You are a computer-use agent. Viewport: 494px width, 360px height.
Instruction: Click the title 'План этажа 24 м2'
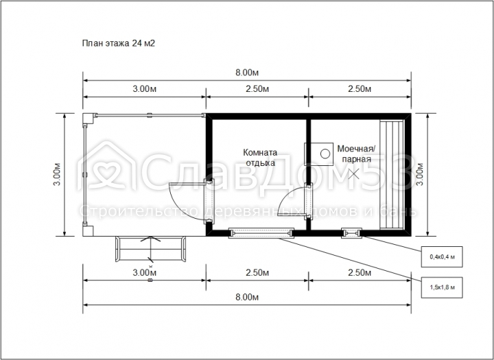pos(119,43)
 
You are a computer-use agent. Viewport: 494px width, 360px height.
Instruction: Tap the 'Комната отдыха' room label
pos(260,158)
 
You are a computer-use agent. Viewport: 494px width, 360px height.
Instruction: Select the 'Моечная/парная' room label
pos(356,154)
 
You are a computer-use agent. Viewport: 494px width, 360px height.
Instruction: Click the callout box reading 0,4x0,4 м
pos(442,256)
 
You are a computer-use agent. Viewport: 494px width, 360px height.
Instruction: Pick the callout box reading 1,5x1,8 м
pos(442,287)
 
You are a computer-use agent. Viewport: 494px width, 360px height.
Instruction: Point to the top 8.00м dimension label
pos(247,73)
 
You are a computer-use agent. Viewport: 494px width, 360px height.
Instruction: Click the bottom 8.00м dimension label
pos(247,297)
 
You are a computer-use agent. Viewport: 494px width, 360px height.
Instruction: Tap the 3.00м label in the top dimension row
pos(144,89)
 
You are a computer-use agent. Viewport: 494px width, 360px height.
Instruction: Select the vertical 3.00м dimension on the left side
pos(57,174)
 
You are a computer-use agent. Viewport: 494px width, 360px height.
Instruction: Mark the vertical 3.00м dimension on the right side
pos(420,174)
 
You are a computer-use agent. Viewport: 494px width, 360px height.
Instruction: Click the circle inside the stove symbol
pos(325,154)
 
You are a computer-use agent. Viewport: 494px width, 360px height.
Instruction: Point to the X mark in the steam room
pos(354,173)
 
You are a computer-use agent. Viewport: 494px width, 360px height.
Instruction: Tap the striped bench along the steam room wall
pos(392,174)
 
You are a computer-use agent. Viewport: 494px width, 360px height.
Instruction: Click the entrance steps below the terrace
pos(150,249)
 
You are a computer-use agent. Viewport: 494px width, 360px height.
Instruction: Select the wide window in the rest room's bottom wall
pos(261,233)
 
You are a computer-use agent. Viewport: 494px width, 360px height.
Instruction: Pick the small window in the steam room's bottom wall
pos(351,233)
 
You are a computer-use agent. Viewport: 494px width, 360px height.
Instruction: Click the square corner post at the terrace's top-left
pos(89,119)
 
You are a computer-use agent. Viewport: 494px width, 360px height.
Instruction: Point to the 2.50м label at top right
pos(360,89)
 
